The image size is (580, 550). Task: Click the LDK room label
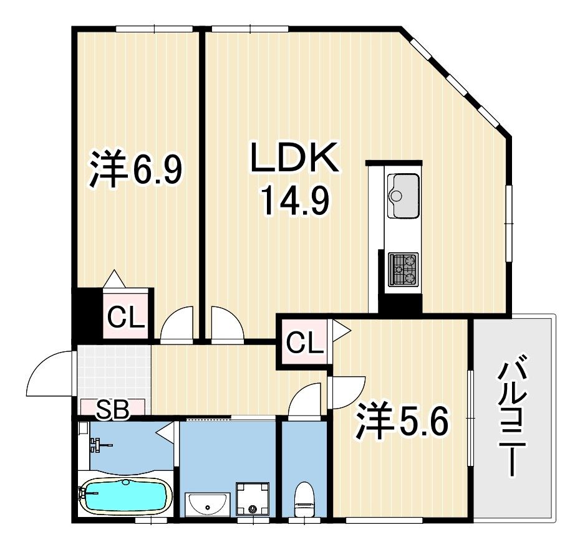(294, 159)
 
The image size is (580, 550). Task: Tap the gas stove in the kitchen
(403, 270)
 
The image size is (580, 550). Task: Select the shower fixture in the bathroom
(98, 444)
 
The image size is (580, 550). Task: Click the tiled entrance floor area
(114, 372)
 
